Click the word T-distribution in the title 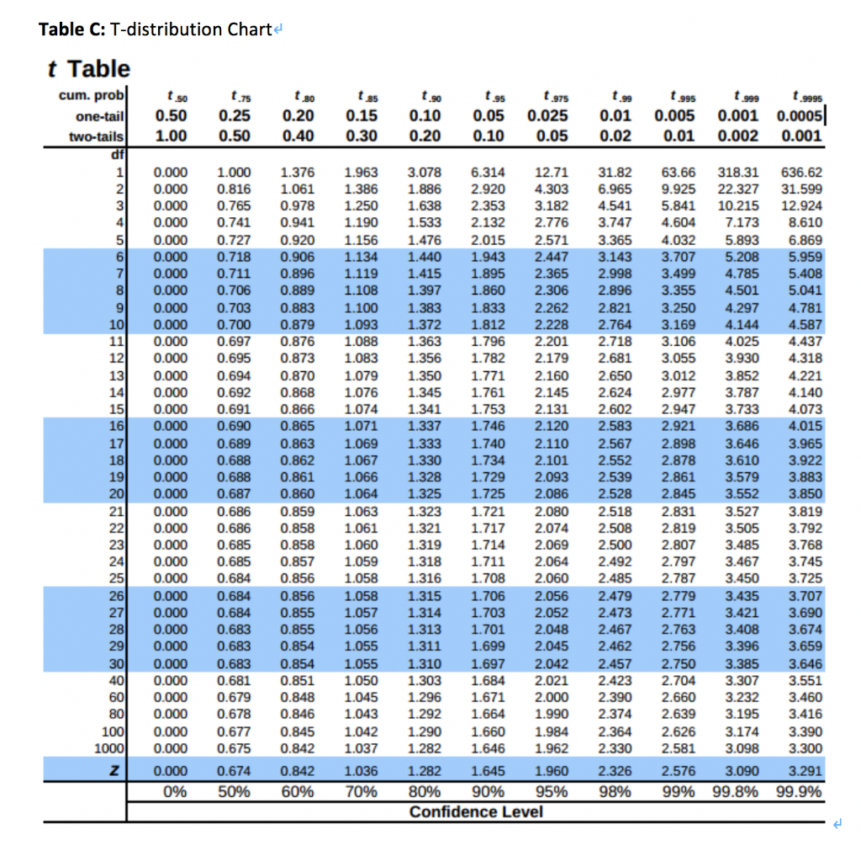(x=158, y=29)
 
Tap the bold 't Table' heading (x=88, y=68)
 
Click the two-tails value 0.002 (x=736, y=136)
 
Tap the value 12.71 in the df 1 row (x=551, y=172)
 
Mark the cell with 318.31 (x=737, y=172)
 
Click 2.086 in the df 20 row (x=551, y=493)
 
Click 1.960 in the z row (x=551, y=772)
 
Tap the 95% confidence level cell (x=551, y=792)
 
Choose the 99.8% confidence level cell (x=737, y=792)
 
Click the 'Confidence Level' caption (x=476, y=811)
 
